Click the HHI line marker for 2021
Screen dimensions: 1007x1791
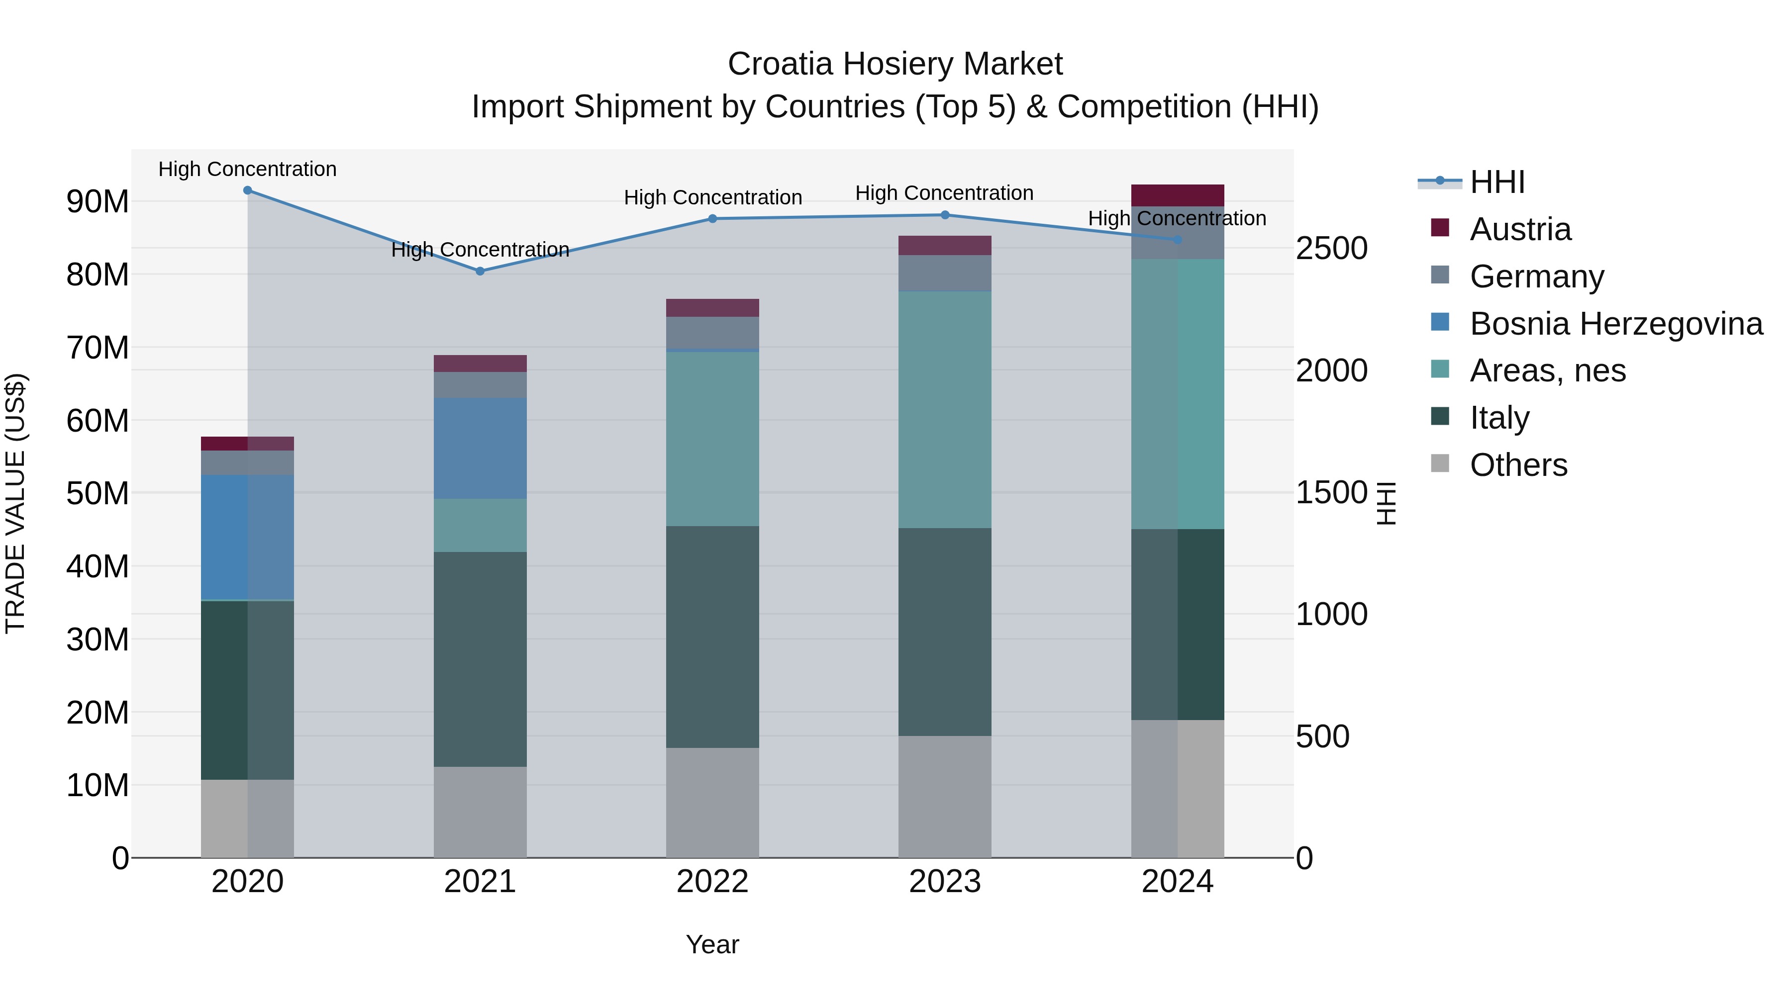tap(480, 271)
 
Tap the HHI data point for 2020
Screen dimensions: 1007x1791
tap(248, 190)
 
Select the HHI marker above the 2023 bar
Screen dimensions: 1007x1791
tap(945, 215)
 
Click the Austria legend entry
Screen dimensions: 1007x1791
tap(1520, 229)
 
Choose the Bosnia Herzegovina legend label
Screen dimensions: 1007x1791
tap(1616, 324)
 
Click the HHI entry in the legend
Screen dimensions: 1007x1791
tap(1497, 182)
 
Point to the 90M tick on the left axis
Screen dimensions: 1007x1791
tap(98, 201)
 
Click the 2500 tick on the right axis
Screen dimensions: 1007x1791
tap(1331, 249)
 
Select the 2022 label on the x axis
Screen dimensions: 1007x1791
tap(712, 882)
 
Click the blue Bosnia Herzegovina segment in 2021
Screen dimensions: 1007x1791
tap(480, 448)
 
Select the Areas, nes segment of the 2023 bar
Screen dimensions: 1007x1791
tap(944, 410)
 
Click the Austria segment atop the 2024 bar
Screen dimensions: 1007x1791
tap(1177, 195)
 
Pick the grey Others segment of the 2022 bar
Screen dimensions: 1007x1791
tap(712, 802)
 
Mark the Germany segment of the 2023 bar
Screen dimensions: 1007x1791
tap(944, 273)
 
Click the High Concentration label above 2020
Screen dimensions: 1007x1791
tap(248, 169)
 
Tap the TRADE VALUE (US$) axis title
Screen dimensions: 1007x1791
tap(15, 503)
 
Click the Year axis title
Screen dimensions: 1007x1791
tap(712, 944)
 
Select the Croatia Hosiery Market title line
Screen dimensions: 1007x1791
tap(895, 64)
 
